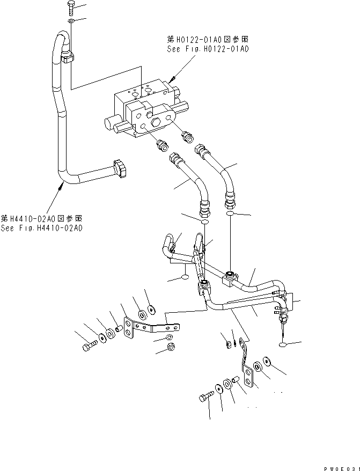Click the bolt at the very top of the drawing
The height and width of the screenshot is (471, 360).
71,8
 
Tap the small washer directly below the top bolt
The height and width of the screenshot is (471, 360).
71,21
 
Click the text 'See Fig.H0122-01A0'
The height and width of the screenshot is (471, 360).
208,49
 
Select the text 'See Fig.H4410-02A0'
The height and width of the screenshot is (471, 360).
41,228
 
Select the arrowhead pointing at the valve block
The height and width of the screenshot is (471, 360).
172,80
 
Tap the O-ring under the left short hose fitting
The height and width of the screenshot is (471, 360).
203,222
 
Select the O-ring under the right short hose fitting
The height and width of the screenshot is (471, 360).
230,214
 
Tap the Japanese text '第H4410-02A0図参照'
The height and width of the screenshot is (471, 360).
41,218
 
